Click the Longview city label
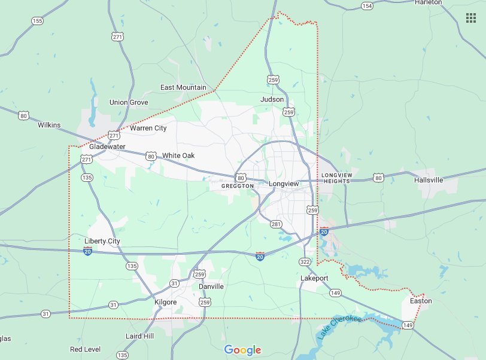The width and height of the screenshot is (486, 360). point(284,184)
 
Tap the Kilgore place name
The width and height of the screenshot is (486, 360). point(166,302)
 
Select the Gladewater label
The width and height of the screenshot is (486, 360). point(108,147)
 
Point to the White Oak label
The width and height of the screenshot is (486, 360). point(178,155)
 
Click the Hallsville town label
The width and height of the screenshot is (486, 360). point(429,179)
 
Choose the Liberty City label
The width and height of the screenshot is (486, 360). point(102,241)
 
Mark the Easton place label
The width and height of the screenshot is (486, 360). point(421,301)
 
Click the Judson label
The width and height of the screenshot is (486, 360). point(272,99)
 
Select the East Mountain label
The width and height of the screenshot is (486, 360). point(183,88)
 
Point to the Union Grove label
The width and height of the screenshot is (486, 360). point(129,102)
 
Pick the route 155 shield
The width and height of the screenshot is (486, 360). point(38,21)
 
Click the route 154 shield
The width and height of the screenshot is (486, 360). point(367,5)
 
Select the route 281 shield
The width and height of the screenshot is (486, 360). point(276,224)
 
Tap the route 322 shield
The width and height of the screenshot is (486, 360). point(305,262)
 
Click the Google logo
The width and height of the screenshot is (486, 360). point(242,350)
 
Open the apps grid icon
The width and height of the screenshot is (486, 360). point(471,18)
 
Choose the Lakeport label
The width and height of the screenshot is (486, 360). point(314,279)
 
